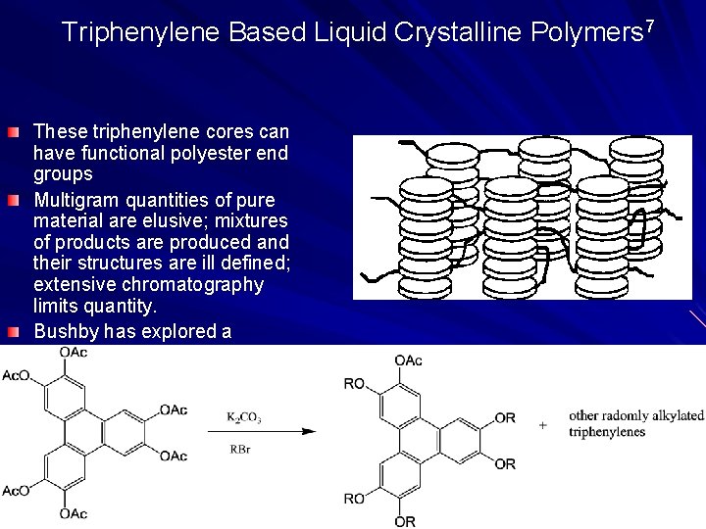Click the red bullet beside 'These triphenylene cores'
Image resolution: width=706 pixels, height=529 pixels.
tap(11, 131)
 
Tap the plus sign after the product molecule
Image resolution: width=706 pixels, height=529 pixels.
tap(542, 425)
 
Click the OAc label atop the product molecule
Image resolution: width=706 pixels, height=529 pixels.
tap(408, 361)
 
